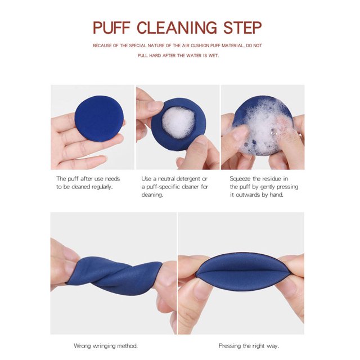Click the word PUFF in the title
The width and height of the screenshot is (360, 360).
111,28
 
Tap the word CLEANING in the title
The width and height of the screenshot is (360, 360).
177,28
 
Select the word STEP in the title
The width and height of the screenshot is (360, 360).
242,28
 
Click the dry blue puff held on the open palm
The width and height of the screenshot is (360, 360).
99,119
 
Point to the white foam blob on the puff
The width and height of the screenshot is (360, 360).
179,123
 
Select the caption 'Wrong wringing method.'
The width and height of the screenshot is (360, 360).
106,346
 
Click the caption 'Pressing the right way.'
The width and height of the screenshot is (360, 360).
249,346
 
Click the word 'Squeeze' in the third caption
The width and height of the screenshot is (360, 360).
240,179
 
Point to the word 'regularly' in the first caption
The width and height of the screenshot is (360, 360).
102,187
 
